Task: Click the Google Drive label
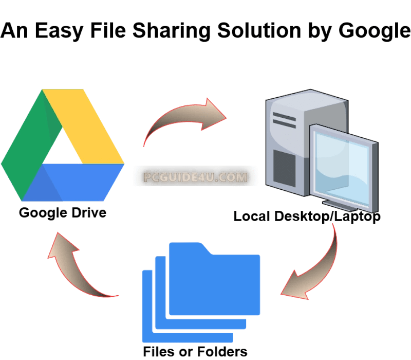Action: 63,212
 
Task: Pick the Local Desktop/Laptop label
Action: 307,217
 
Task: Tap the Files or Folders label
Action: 195,352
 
